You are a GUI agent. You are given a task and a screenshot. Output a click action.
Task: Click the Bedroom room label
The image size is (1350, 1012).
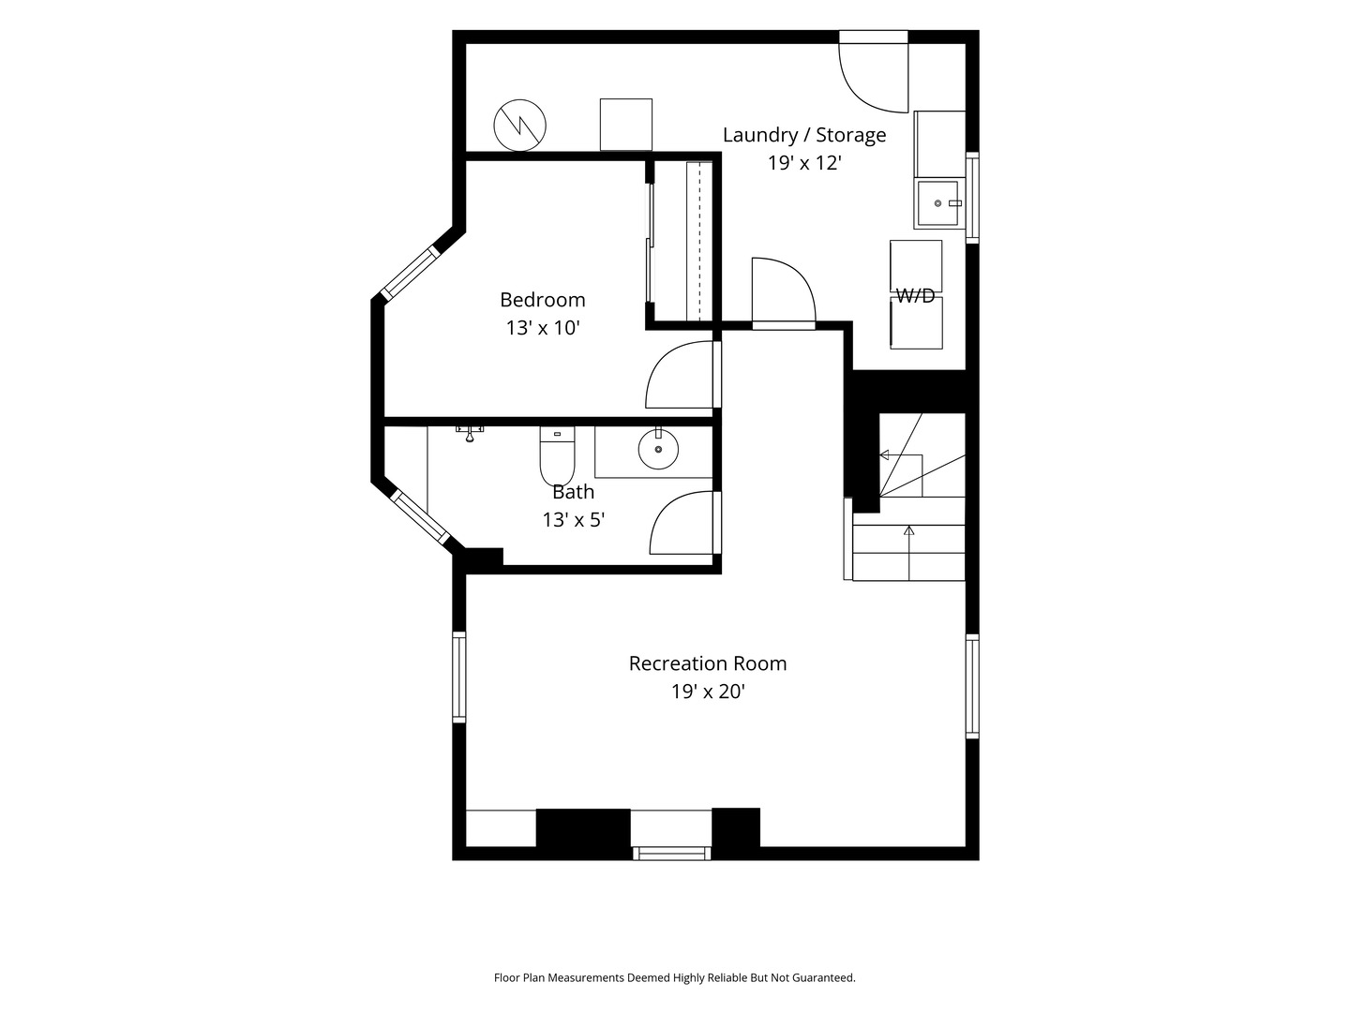[x=542, y=300]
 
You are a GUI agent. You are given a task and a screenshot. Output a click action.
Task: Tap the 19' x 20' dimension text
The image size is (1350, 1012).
[x=707, y=692]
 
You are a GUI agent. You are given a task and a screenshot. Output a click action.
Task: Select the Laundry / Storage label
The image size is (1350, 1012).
[x=803, y=135]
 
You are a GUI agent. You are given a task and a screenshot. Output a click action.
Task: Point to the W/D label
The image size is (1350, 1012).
[x=915, y=296]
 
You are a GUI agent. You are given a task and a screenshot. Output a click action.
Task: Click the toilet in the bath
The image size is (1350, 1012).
[x=557, y=455]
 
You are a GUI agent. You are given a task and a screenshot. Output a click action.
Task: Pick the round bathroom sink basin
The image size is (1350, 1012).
[x=658, y=449]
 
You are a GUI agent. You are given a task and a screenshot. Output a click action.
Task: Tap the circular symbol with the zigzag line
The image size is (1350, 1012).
[x=519, y=126]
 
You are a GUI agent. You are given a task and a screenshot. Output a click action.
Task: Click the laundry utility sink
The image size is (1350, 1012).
[x=938, y=203]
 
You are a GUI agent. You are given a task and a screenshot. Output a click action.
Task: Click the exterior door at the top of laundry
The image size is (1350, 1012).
[x=874, y=72]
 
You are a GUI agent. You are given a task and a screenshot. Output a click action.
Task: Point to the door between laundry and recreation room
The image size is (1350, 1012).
[x=784, y=293]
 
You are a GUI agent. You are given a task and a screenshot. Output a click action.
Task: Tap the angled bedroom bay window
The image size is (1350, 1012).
[x=411, y=274]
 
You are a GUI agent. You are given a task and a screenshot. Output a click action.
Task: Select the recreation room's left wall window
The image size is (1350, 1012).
[x=458, y=677]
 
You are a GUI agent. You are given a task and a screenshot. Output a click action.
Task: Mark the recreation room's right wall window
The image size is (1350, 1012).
[x=972, y=686]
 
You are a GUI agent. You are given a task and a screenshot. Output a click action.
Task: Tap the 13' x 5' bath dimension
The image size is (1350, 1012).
[x=573, y=520]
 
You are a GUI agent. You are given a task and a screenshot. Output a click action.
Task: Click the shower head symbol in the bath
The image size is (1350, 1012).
[x=470, y=433]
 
